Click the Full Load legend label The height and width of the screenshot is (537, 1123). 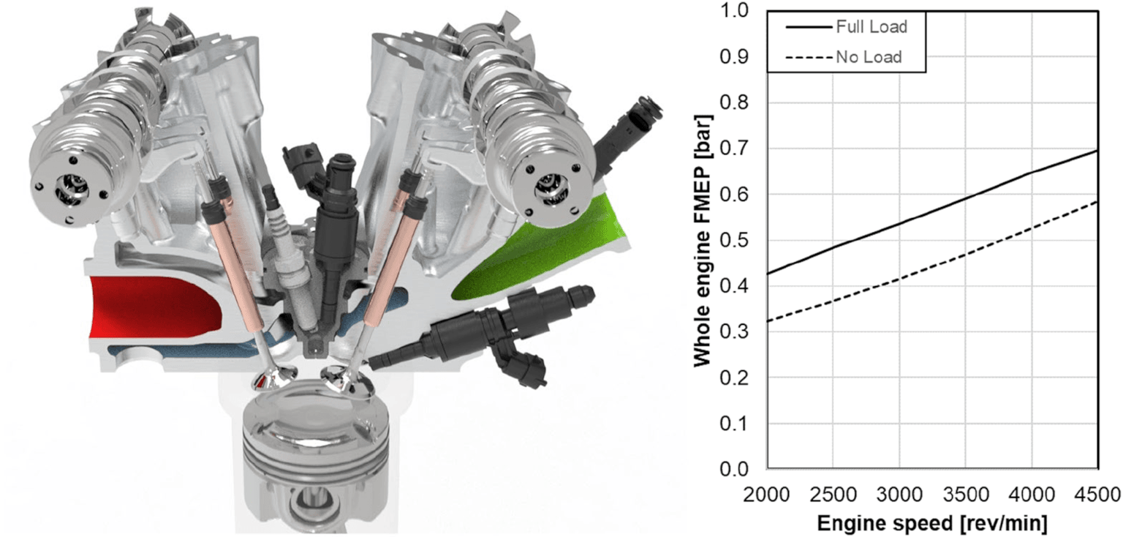(871, 26)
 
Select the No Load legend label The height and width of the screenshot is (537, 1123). (869, 57)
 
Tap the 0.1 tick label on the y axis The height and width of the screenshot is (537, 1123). (734, 424)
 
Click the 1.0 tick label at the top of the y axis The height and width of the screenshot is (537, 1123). (734, 10)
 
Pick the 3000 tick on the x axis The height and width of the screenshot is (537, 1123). (899, 495)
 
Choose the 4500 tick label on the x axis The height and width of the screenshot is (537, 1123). (1097, 495)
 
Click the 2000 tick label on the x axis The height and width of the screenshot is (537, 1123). (766, 495)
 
